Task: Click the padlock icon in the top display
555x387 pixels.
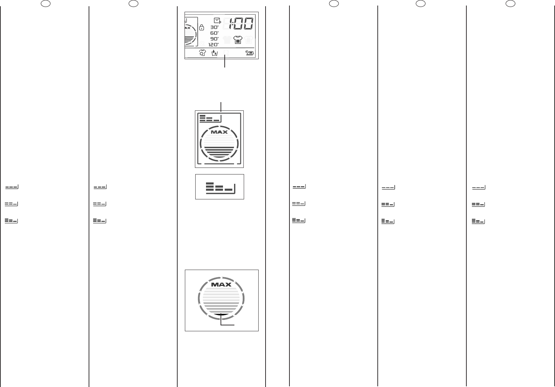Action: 202,28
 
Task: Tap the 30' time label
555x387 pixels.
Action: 215,27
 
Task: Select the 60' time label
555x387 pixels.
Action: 215,33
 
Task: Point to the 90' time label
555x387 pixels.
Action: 215,39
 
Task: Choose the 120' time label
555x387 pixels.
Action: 213,45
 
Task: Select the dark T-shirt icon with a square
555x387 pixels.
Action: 238,40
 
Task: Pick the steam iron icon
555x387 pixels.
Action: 250,53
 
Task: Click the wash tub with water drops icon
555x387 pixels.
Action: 215,53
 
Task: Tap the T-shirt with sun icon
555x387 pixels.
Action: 203,53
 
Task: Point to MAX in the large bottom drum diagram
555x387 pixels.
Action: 221,285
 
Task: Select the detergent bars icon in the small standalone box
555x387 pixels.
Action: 220,187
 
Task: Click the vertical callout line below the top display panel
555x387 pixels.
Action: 225,63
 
